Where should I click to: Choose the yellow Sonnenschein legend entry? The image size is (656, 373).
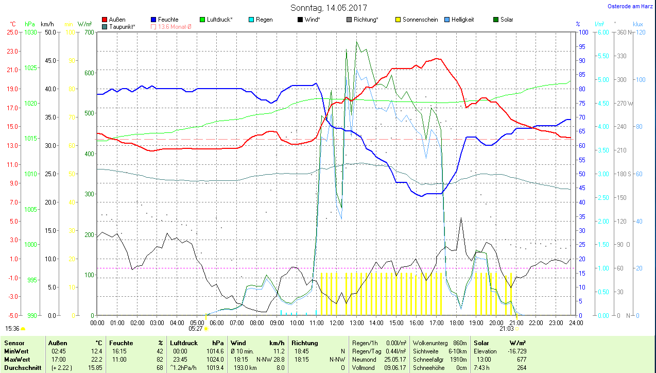[417, 20]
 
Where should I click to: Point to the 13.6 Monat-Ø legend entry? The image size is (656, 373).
[171, 26]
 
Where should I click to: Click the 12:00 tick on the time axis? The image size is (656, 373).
[336, 323]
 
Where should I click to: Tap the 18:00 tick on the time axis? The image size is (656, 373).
[456, 323]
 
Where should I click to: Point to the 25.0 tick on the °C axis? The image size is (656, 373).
[12, 32]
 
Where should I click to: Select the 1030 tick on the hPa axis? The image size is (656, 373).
[31, 32]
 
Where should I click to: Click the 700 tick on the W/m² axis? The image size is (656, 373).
[89, 32]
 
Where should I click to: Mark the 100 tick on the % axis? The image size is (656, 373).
[583, 32]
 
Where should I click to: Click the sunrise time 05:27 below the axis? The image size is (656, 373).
[195, 328]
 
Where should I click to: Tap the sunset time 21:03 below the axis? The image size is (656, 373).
[507, 328]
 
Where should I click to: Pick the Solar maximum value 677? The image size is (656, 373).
[521, 359]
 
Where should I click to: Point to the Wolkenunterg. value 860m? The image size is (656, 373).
[459, 343]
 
